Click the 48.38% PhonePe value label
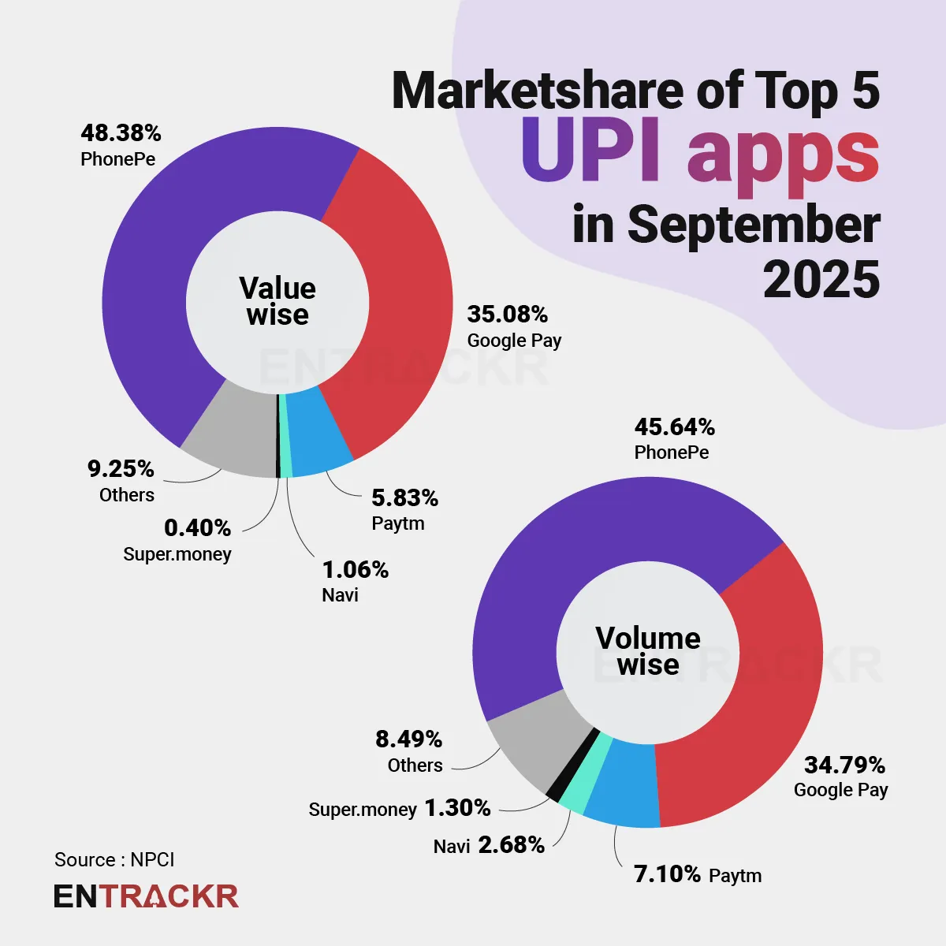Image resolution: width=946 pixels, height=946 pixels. [x=121, y=133]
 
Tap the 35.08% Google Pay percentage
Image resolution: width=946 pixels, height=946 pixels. [x=507, y=315]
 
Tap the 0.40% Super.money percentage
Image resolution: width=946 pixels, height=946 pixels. [x=197, y=527]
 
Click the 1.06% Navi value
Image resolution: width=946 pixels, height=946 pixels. [x=355, y=570]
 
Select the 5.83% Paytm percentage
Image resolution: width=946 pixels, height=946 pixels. [x=404, y=498]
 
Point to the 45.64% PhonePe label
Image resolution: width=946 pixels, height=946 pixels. [x=674, y=427]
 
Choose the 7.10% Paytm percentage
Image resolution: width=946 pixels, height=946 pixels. [x=667, y=874]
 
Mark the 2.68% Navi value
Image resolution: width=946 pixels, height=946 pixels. [x=511, y=845]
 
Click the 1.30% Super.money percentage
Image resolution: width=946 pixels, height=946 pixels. [x=457, y=808]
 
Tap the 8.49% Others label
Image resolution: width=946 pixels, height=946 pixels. [x=408, y=739]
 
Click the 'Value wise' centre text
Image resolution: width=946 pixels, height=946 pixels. [x=277, y=301]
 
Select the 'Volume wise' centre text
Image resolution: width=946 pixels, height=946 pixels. [x=648, y=651]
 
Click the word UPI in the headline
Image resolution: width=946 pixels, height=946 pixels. [x=590, y=150]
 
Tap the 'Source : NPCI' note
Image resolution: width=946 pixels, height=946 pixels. [x=114, y=859]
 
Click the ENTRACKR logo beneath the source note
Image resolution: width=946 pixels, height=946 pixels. [x=146, y=896]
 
